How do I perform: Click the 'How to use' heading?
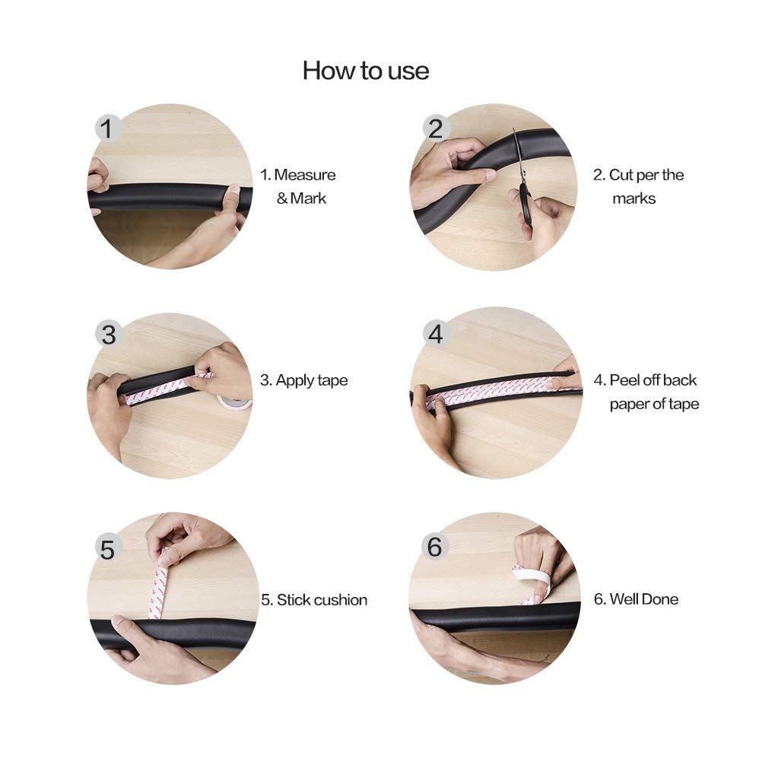point(366,71)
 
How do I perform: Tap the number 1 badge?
point(107,129)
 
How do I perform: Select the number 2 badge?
point(436,129)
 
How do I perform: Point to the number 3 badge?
point(109,334)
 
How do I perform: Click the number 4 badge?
point(436,334)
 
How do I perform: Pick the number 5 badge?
point(108,548)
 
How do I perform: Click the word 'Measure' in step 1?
point(305,175)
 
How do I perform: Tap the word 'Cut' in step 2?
point(619,175)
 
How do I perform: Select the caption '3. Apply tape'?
point(303,380)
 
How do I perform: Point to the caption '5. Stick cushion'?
point(314,600)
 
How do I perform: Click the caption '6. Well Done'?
point(636,599)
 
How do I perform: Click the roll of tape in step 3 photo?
point(233,402)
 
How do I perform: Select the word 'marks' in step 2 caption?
point(633,198)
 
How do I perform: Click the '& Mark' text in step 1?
point(301,198)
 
